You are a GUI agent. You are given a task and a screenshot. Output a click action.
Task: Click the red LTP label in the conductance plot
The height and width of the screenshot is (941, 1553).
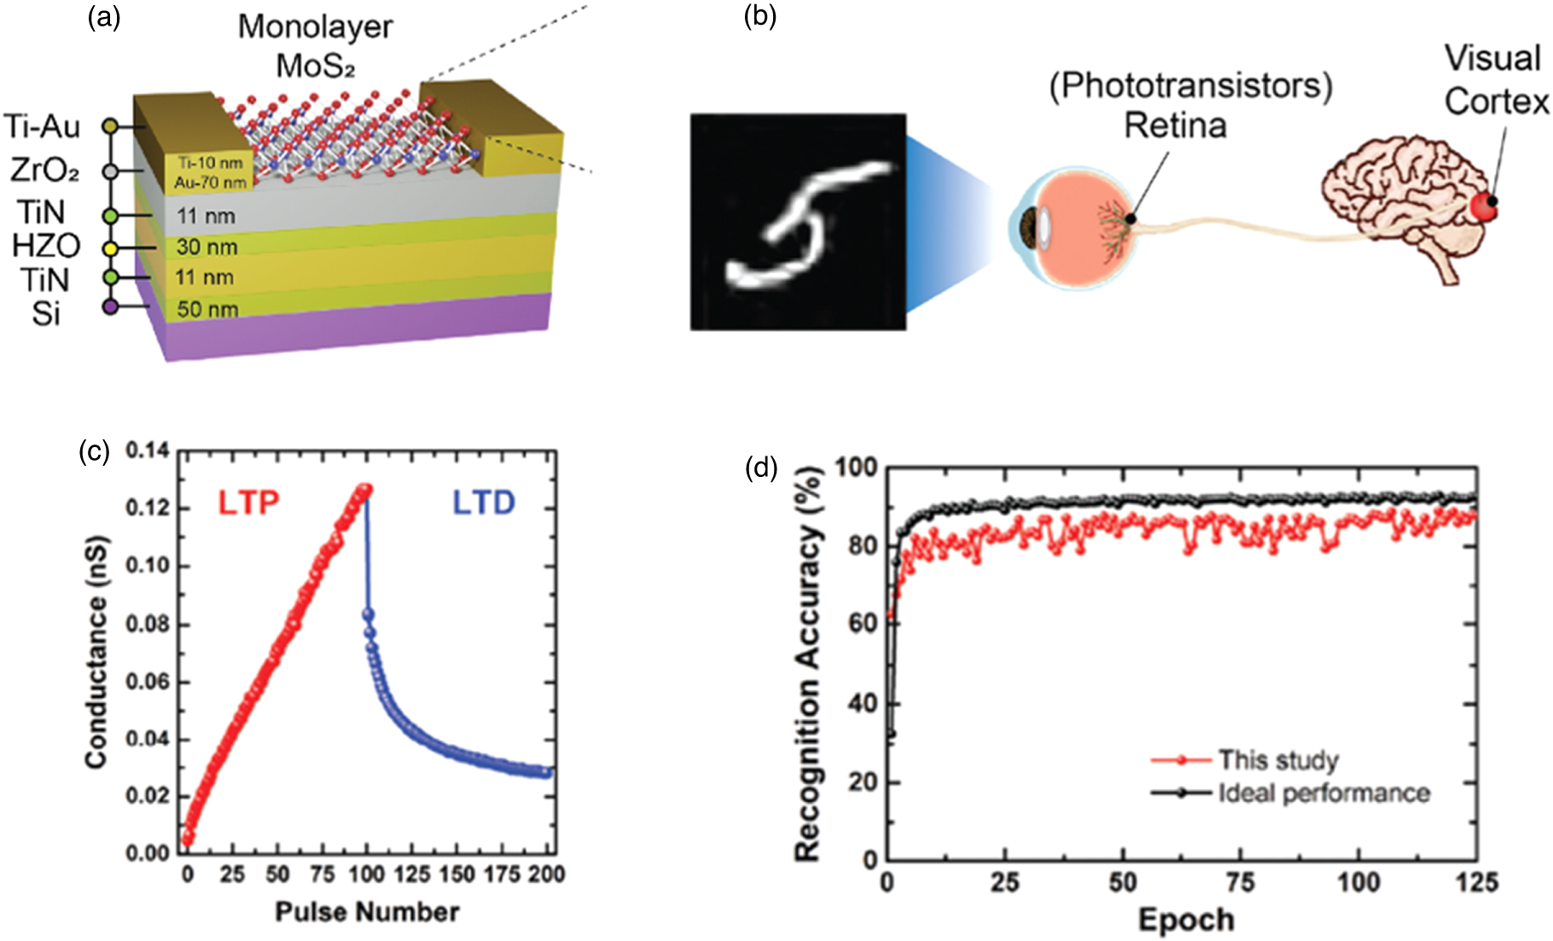248,503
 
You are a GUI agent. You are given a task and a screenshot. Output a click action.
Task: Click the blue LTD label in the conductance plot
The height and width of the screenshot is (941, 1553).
484,503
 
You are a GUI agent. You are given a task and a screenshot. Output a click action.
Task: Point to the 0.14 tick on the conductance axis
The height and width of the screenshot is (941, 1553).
148,450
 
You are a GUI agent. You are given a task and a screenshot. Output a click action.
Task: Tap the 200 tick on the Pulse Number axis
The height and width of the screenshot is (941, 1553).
547,874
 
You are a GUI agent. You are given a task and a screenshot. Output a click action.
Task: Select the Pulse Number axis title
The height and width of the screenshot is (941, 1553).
367,912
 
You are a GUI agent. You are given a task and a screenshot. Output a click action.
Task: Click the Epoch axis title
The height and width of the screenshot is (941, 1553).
1186,920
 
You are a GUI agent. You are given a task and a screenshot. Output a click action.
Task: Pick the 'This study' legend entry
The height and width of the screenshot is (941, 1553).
1277,759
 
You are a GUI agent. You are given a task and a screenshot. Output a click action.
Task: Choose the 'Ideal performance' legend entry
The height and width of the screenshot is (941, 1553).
1323,793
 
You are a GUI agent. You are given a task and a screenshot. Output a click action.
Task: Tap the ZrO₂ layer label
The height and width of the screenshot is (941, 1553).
44,171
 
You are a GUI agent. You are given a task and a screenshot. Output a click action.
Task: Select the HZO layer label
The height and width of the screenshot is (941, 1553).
46,246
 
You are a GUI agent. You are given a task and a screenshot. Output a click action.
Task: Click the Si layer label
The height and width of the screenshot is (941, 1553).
46,314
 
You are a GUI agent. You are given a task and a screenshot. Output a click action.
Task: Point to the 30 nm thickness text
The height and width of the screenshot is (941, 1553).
206,247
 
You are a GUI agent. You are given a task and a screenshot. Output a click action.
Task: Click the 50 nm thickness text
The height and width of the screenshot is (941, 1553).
207,309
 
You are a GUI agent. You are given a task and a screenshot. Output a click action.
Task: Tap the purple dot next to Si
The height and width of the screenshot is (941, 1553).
110,306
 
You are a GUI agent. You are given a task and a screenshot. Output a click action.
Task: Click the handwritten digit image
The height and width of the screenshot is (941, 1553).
798,222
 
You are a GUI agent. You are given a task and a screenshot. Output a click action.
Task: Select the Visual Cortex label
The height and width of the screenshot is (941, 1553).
1496,80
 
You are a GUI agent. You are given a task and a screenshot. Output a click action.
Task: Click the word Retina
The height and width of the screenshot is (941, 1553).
1175,125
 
